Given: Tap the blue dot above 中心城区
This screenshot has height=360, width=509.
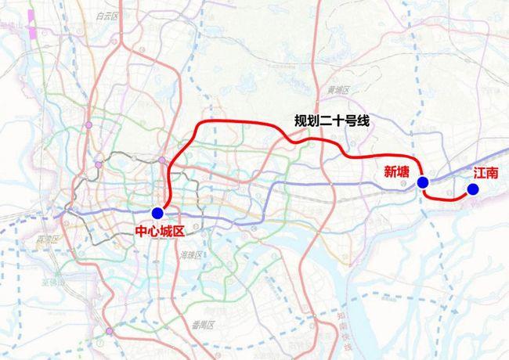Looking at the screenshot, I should tap(157, 213).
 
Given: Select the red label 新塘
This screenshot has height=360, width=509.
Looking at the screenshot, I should tap(397, 172).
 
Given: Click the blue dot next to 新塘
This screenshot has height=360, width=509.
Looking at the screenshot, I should tap(423, 183).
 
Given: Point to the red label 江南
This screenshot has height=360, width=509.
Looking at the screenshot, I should tap(486, 173).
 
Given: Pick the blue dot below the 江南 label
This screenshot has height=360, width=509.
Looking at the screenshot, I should tap(473, 189).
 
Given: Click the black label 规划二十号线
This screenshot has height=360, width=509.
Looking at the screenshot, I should tap(330, 121).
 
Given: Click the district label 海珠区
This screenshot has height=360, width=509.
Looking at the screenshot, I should tap(191, 255).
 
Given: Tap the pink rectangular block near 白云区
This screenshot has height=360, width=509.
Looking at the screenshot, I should tap(33, 34).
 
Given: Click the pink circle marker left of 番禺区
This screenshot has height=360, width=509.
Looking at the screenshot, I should tap(109, 332).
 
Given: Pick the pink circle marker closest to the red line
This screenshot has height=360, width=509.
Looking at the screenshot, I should tap(162, 160).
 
